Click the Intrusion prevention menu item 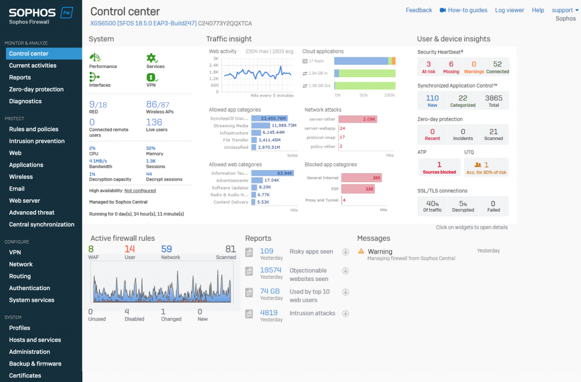point(36,141)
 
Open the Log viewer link point(510,10)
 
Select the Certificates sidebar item point(25,375)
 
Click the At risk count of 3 point(428,64)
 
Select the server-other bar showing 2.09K point(358,119)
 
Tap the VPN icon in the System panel point(151,77)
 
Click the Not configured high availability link point(140,191)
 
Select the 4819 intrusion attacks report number point(268,313)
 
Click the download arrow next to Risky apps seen point(345,252)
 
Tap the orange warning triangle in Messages point(362,251)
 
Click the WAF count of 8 point(91,249)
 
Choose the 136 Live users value point(154,122)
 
